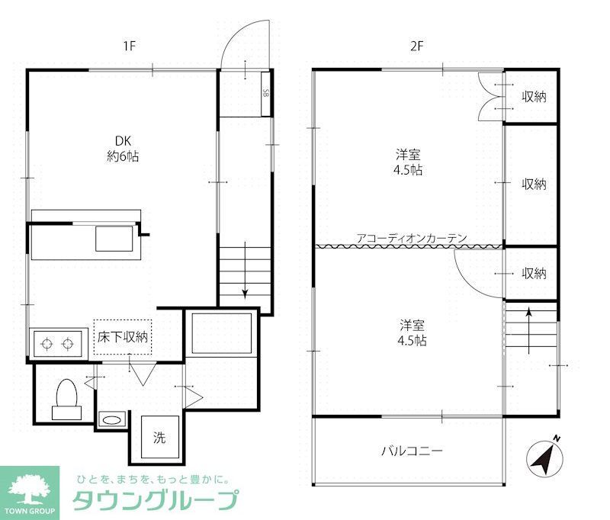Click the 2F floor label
coord(416,46)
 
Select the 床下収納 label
coord(122,336)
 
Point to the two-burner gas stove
coord(58,343)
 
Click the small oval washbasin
coord(112,419)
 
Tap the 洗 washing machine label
coord(159,438)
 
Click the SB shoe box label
coord(265,94)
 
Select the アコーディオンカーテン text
coord(411,238)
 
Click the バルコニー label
coord(412,451)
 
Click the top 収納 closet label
coord(534,97)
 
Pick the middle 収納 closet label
coord(534,184)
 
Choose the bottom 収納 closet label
coord(534,273)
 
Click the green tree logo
coord(28,486)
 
